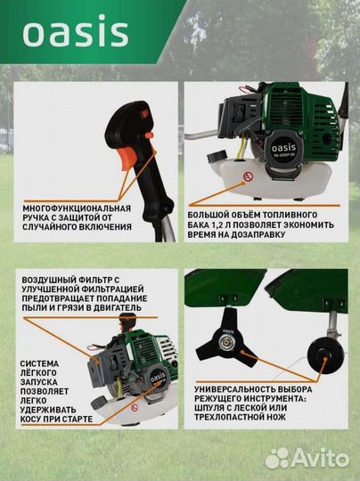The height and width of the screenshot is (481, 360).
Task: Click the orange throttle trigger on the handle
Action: (126, 158)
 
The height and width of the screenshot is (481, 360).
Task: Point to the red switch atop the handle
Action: (145, 113)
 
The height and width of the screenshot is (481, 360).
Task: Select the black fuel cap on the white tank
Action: (217, 157)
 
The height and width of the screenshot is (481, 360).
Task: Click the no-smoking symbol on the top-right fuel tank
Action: (248, 176)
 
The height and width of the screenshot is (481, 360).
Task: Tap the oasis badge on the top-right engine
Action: (283, 149)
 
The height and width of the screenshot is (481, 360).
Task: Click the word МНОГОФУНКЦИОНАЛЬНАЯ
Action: (77, 208)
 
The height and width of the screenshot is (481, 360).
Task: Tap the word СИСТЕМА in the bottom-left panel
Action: (39, 364)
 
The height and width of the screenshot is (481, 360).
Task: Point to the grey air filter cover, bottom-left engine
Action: (102, 370)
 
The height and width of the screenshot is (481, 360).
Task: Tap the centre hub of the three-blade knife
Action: (224, 340)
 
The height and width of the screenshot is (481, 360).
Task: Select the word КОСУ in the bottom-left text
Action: (32, 420)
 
